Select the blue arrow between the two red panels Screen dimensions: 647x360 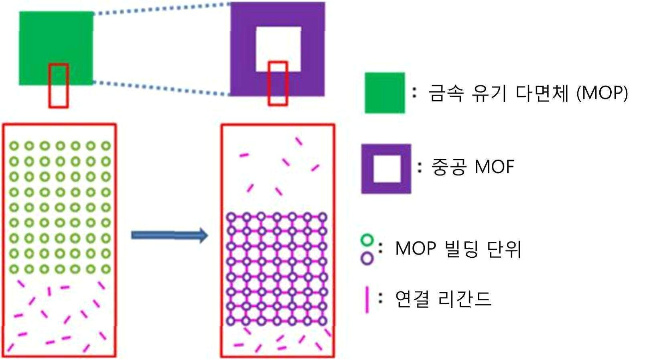[169, 235]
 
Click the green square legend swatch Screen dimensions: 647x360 [384, 93]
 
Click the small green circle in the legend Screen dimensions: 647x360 [367, 241]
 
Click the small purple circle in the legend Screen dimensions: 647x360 [367, 258]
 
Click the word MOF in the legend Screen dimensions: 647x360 [494, 167]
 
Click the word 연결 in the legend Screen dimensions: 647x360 [412, 299]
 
